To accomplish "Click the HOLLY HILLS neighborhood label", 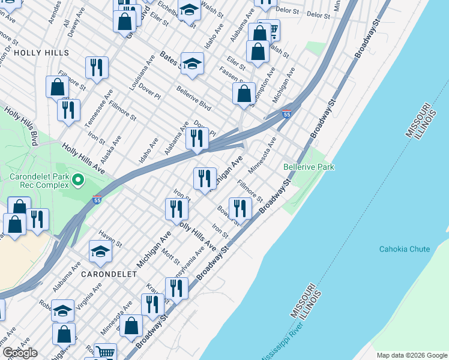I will (41, 53).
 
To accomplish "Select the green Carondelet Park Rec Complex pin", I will (77, 179).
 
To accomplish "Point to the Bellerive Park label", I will (309, 166).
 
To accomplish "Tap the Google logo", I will (19, 353).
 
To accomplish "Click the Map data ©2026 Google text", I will (411, 355).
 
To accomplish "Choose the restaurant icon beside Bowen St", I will (240, 209).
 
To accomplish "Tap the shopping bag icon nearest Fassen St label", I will (244, 94).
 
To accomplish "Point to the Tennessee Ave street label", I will (98, 108).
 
